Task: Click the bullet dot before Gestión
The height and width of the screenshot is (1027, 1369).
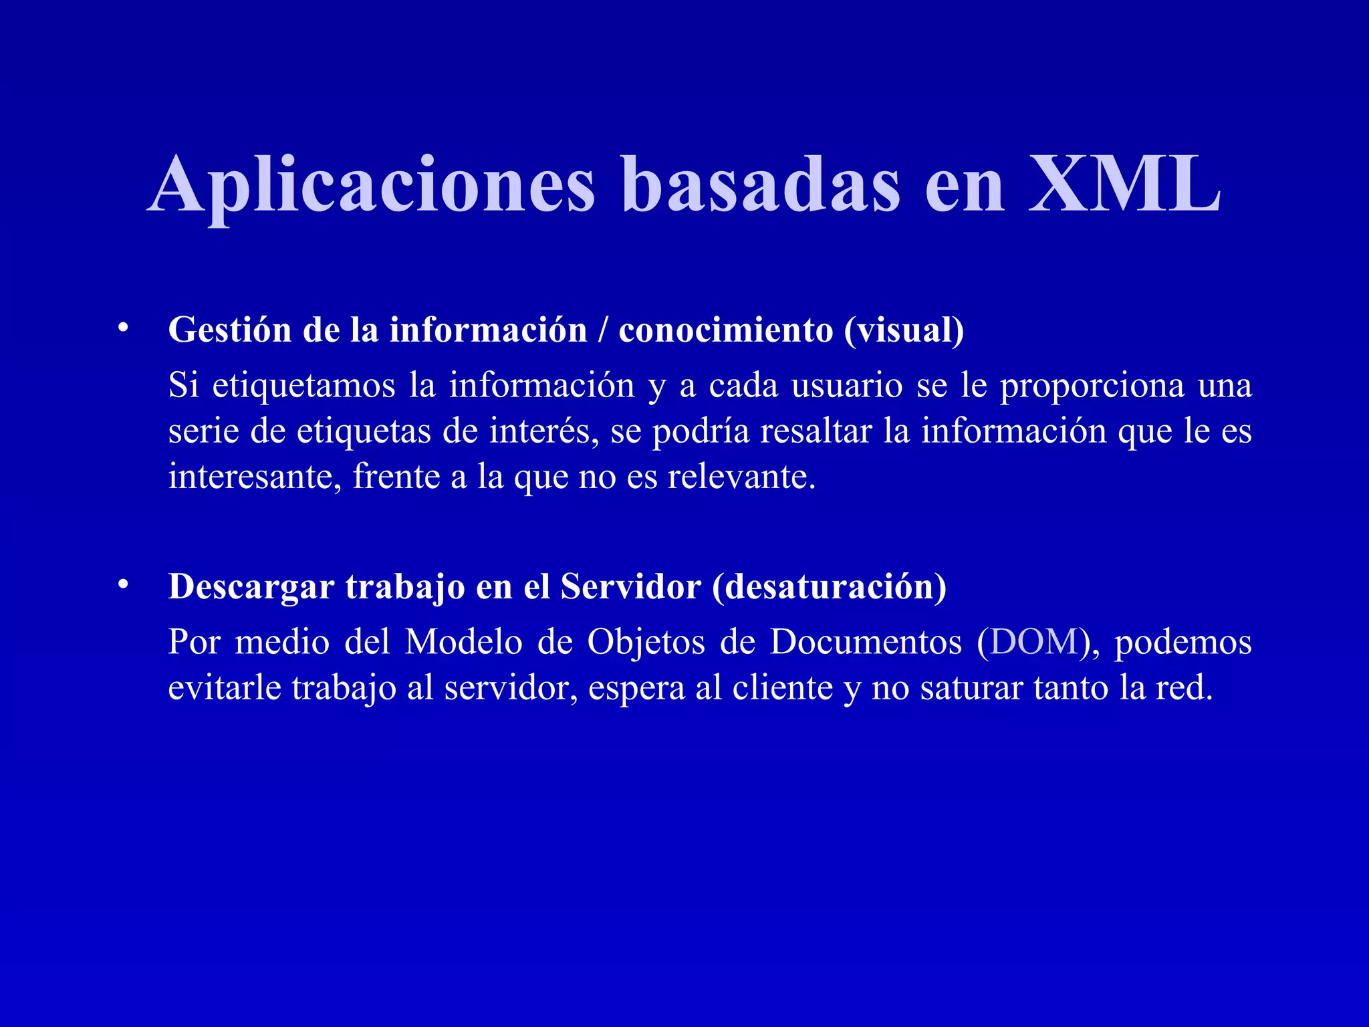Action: click(x=122, y=328)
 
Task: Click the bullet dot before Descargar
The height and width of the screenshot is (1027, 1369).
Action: click(x=122, y=584)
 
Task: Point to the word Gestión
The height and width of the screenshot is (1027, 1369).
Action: click(x=229, y=330)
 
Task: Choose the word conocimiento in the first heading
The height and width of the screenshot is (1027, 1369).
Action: click(x=725, y=330)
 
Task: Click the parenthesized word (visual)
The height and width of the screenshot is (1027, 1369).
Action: click(x=904, y=330)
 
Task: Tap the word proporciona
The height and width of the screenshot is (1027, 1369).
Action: click(x=1092, y=386)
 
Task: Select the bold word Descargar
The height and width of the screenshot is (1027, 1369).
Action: click(x=251, y=587)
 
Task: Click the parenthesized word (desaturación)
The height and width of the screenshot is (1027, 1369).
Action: click(x=829, y=587)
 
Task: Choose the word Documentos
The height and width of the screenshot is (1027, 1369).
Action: click(x=866, y=642)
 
